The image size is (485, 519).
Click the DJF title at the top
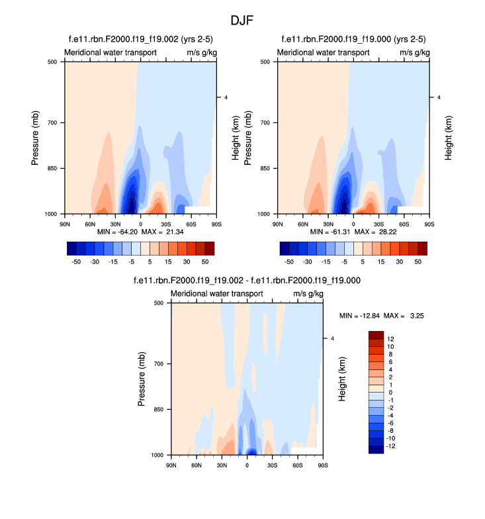[x=242, y=21]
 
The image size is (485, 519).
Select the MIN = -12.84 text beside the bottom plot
[x=360, y=316]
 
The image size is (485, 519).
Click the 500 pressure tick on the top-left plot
[x=53, y=62]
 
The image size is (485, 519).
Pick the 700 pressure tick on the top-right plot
[x=266, y=123]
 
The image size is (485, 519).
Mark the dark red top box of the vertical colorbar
[x=376, y=335]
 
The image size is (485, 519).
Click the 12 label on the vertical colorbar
[x=391, y=338]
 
